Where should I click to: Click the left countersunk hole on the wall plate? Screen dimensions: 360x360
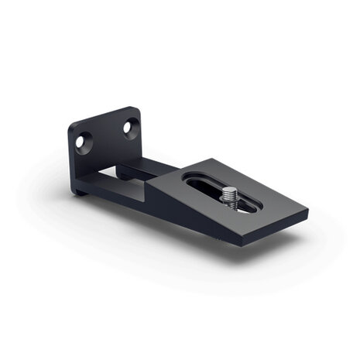click(83, 141)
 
